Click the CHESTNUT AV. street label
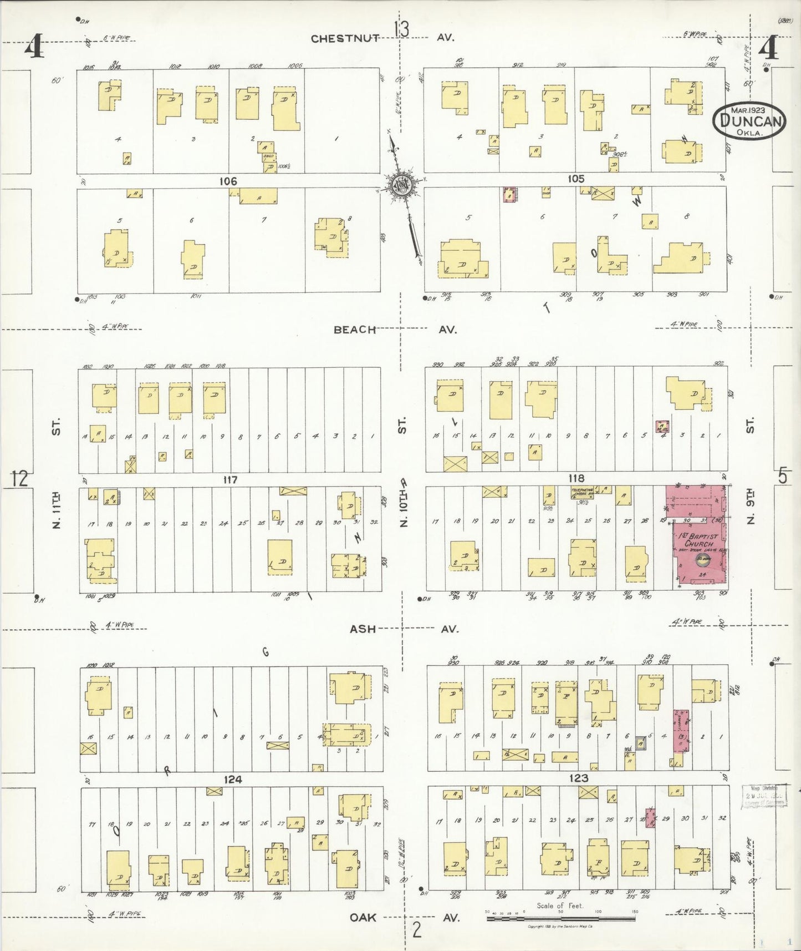382,38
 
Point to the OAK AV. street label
404,917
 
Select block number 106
228,181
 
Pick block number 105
575,179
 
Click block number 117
229,479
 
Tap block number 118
576,478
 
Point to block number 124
232,779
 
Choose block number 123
578,778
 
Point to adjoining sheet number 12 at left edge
19,478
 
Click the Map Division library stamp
764,795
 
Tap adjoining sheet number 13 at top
401,29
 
